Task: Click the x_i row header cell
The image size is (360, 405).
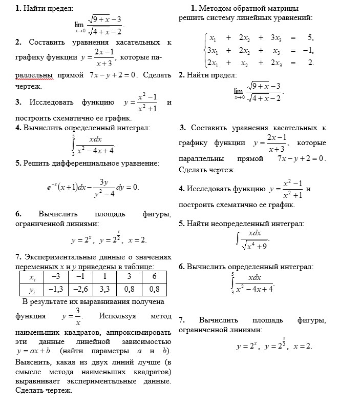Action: (x=32, y=277)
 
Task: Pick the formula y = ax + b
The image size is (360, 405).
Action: (x=34, y=351)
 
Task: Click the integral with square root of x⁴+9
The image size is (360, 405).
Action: (x=252, y=239)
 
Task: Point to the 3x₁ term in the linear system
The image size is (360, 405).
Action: (x=212, y=50)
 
